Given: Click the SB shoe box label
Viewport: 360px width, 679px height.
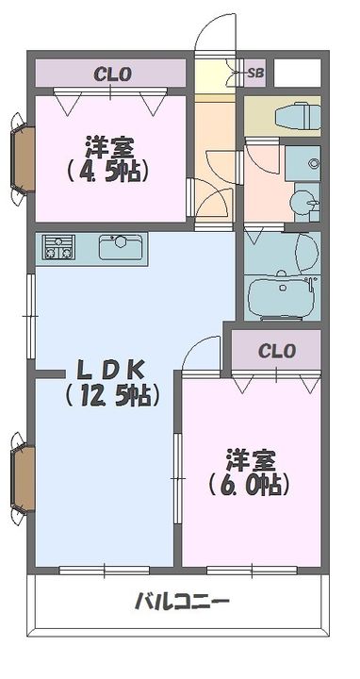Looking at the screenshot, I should pyautogui.click(x=255, y=72).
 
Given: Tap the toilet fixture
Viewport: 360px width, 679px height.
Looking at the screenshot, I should pyautogui.click(x=294, y=116).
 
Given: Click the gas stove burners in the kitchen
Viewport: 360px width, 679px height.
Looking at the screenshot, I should pyautogui.click(x=58, y=248).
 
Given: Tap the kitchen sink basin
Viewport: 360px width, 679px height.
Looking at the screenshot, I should pyautogui.click(x=120, y=247).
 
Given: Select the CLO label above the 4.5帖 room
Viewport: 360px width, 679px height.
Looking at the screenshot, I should pyautogui.click(x=111, y=73).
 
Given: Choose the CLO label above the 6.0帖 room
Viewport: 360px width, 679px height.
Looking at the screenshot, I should pyautogui.click(x=277, y=351).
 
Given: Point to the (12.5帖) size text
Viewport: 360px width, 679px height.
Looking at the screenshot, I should pyautogui.click(x=106, y=396).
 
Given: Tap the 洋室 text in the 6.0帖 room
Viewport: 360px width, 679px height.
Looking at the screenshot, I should pyautogui.click(x=250, y=461).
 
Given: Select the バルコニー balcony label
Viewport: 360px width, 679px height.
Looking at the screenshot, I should pyautogui.click(x=182, y=601).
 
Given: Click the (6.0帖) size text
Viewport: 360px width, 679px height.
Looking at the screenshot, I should pyautogui.click(x=249, y=486).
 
